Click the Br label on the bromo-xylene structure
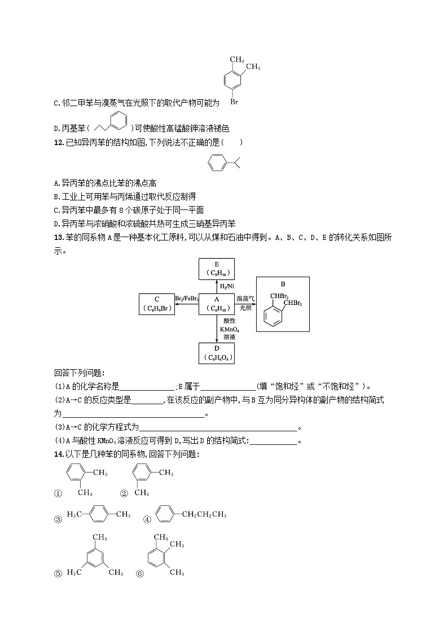click(x=234, y=102)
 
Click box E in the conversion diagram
click(x=217, y=269)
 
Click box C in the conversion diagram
click(x=156, y=304)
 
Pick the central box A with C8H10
click(x=217, y=304)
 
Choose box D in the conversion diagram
click(x=217, y=353)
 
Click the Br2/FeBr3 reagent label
click(x=186, y=298)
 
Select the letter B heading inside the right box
click(x=283, y=285)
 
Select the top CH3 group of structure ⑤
click(x=100, y=537)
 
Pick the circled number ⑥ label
click(x=139, y=574)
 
